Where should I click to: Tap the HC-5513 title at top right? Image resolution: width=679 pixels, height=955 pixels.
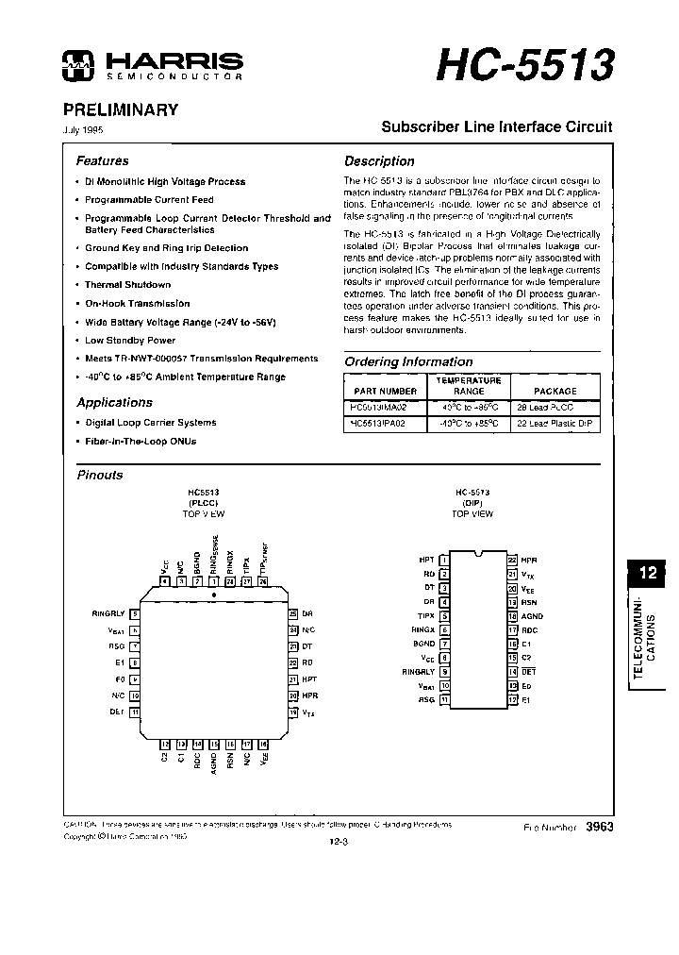coord(524,64)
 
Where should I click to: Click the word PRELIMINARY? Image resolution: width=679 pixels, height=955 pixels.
coord(121,109)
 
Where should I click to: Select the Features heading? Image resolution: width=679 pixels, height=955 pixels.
coord(102,161)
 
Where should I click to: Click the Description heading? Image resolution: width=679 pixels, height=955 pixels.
coord(379,161)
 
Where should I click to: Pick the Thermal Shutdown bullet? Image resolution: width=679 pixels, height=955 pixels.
coord(127,285)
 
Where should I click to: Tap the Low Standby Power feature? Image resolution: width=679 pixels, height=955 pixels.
coord(130,340)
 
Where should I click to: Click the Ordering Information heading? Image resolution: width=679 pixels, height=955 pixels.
coord(408,361)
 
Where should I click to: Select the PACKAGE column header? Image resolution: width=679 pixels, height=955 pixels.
coord(555,391)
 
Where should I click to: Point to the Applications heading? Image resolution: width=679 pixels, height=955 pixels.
coord(114,403)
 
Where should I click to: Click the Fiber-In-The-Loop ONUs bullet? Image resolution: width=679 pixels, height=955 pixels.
coord(141,442)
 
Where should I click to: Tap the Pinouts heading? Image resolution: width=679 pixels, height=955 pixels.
coord(100,476)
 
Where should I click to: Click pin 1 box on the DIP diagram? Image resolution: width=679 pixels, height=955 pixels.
coord(443,560)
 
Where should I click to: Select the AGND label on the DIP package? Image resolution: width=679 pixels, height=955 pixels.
coord(532,615)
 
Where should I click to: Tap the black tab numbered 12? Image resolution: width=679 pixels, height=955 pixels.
coord(648,573)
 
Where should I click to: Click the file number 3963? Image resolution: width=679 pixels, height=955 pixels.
coord(600,827)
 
